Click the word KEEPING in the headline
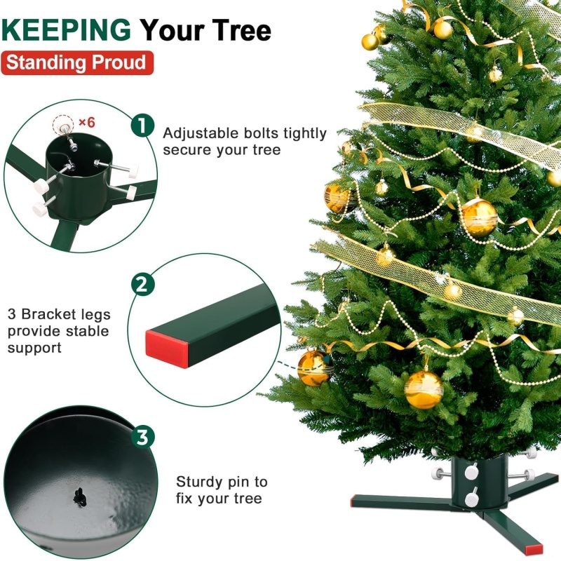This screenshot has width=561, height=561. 66,30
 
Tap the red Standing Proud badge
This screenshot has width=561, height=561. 77,62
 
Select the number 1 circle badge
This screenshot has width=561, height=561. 142,126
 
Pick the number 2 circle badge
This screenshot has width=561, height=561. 143,285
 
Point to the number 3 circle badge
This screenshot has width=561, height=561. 143,436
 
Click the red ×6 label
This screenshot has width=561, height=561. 86,123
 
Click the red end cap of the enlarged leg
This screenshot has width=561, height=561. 167,349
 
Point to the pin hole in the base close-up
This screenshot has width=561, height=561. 80,497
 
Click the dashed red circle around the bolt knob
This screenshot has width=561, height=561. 63,126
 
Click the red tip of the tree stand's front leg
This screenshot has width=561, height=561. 535,549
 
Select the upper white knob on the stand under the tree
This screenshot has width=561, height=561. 471,472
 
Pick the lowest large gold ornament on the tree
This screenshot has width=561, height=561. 424,389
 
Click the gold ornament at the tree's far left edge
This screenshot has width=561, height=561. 314,368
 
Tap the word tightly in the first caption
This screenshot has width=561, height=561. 305,134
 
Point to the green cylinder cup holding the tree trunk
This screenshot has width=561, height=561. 480,481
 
